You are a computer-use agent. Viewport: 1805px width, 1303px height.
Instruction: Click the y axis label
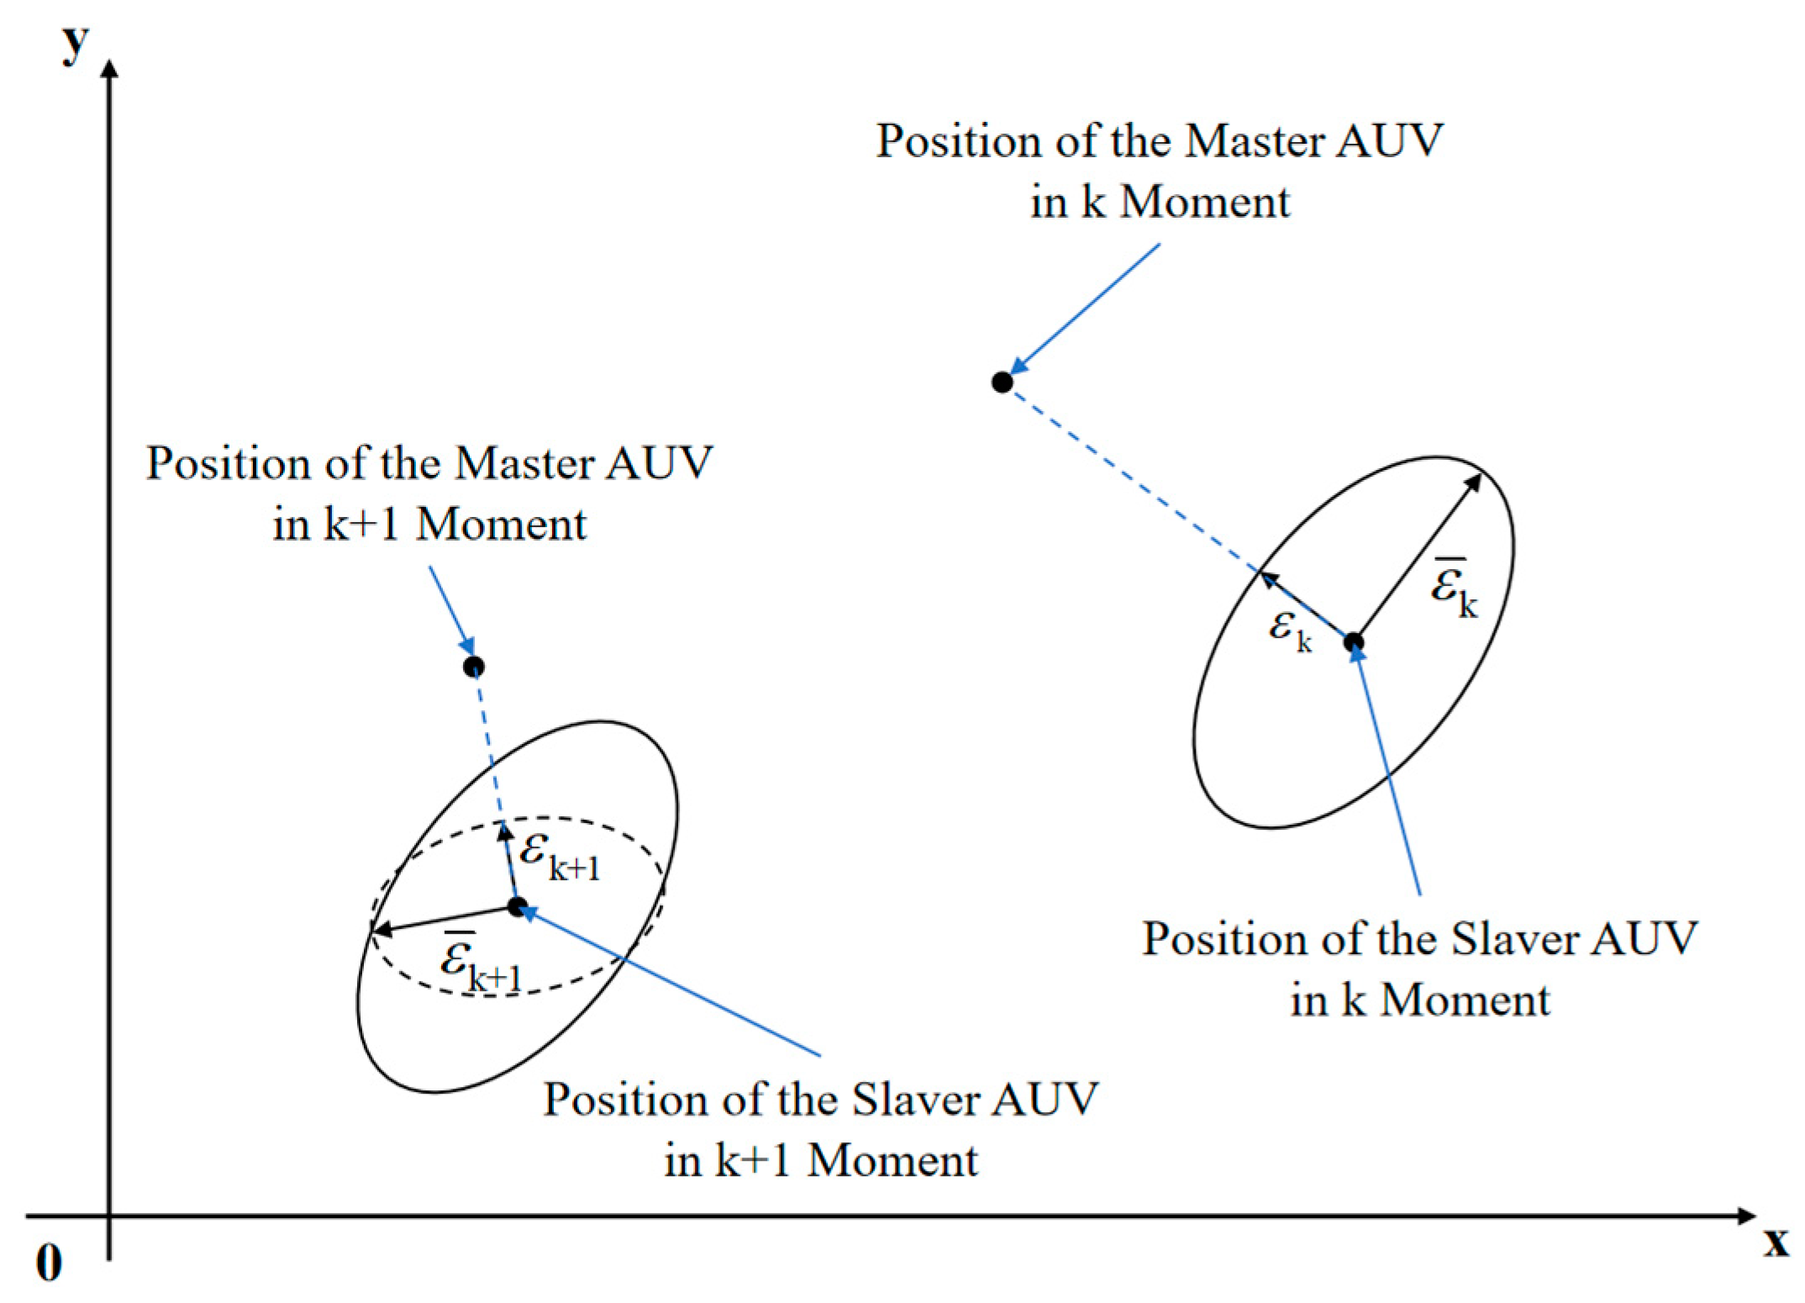(x=75, y=45)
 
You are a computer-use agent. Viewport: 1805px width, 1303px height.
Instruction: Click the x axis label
(x=1776, y=1242)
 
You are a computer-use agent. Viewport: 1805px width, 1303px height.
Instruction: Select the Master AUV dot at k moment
(x=1002, y=382)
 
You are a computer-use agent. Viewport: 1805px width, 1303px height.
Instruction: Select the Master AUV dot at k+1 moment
(x=474, y=667)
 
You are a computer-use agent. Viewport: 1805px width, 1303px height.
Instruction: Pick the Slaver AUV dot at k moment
(x=1354, y=642)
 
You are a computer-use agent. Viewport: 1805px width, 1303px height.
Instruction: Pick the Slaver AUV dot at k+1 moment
(x=518, y=907)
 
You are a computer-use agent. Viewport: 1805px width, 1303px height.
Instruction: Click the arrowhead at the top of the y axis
(x=109, y=67)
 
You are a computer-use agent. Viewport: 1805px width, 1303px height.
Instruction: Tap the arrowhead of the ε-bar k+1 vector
(x=381, y=929)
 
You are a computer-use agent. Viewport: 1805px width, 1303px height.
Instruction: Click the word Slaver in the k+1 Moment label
(x=918, y=1100)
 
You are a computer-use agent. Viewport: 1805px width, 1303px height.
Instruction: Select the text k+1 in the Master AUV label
(x=361, y=525)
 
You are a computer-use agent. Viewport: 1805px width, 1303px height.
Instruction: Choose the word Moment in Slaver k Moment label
(x=1466, y=1001)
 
